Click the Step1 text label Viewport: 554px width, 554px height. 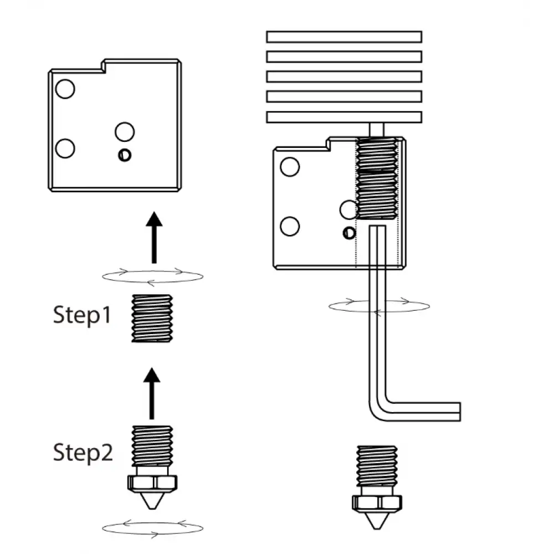tap(82, 315)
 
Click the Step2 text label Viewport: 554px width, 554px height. tap(83, 453)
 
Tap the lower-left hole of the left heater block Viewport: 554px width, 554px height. tap(65, 148)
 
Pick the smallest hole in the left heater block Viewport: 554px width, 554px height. tap(125, 156)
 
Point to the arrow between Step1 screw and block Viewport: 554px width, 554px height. tap(154, 237)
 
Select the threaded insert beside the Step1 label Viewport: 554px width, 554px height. tap(152, 318)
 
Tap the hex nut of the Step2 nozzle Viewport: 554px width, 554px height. tap(152, 483)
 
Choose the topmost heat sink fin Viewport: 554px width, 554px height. tap(343, 37)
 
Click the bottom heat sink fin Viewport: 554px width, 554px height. tap(343, 117)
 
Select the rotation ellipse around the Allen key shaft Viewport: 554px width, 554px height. tap(378, 306)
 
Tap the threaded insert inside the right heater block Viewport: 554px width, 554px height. tap(377, 178)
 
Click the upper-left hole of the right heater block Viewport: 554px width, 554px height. tap(290, 166)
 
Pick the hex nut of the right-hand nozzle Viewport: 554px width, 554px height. tap(377, 502)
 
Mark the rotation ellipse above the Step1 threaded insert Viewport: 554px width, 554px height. tap(152, 275)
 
